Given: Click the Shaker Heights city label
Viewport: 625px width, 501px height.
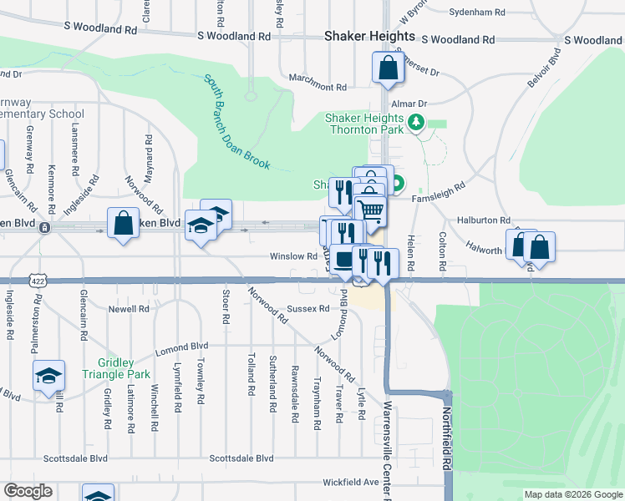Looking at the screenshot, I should tap(368, 37).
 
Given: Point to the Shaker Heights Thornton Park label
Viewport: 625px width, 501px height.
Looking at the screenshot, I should tap(364, 124).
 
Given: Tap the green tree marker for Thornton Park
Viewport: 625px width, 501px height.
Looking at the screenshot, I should tap(415, 124).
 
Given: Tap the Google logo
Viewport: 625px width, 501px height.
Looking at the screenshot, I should tap(28, 491).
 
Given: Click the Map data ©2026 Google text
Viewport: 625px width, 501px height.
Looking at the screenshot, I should tap(572, 494).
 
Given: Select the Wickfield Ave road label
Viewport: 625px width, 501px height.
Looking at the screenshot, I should tap(351, 482).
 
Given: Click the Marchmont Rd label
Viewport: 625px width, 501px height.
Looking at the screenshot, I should tap(318, 87).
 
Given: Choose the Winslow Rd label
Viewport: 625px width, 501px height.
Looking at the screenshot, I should tap(292, 256).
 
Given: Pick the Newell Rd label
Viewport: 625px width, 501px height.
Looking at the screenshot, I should tap(129, 308).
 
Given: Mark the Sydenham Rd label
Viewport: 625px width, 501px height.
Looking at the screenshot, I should tap(477, 13).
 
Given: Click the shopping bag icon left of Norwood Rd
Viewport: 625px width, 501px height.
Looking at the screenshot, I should tap(124, 224).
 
